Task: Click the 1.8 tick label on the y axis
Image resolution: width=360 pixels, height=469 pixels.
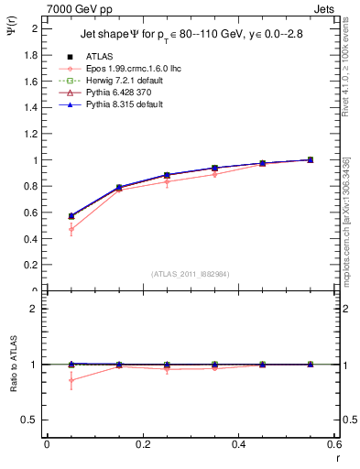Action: click(30, 54)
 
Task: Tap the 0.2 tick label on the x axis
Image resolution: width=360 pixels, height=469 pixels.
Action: click(143, 444)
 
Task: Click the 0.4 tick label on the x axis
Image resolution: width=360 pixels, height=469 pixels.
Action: click(238, 444)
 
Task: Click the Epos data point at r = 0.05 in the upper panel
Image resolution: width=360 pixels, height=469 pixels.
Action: click(71, 229)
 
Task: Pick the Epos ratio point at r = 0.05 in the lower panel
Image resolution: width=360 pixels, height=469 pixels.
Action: click(71, 380)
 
